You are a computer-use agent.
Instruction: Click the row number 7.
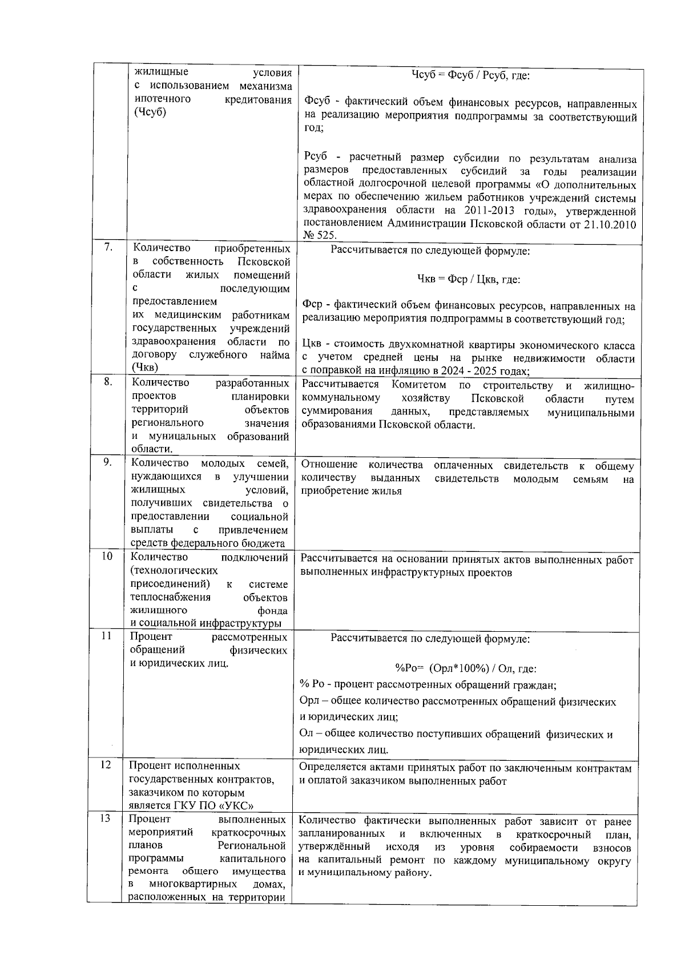tap(108, 247)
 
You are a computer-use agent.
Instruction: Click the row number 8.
tap(107, 382)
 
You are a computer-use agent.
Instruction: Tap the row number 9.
tap(107, 462)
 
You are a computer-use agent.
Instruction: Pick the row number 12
tap(106, 765)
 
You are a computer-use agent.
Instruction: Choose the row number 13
tap(106, 819)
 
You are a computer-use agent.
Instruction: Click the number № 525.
tap(320, 235)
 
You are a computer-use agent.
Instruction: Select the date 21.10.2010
tap(610, 224)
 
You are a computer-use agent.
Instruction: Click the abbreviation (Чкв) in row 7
tap(146, 368)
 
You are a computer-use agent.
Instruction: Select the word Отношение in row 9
tap(329, 465)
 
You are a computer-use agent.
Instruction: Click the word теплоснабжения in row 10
tap(170, 597)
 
